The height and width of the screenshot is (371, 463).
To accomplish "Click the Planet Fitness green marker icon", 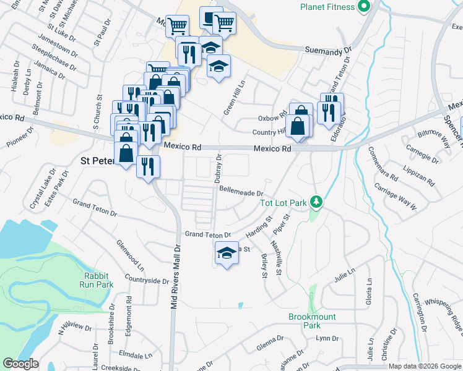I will (364, 7).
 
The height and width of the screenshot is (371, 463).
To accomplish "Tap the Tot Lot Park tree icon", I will (316, 202).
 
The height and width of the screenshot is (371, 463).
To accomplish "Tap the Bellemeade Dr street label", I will (241, 193).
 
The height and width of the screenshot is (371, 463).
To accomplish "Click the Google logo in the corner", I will (20, 364).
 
